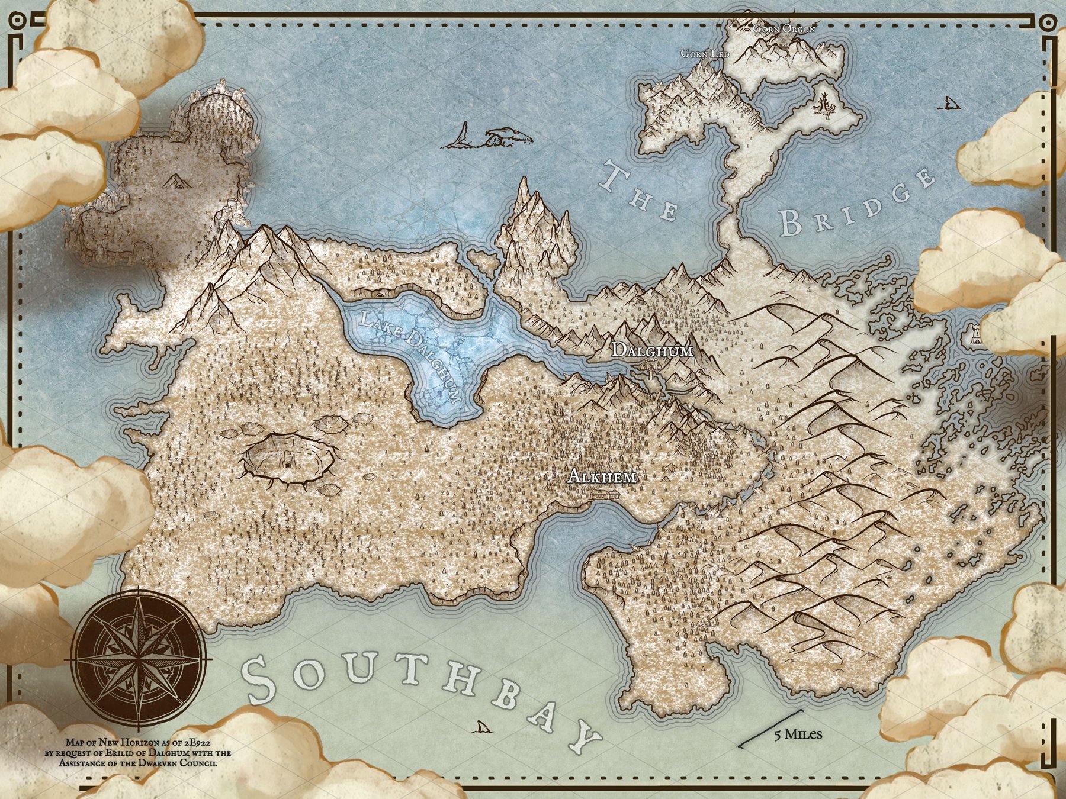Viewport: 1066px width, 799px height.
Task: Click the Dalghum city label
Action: tap(652, 350)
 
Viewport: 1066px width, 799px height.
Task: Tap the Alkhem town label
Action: tap(602, 476)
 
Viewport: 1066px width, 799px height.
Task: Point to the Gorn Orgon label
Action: tap(784, 28)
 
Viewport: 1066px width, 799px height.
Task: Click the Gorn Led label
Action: tap(705, 54)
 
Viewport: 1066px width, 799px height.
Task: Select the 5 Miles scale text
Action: tap(798, 734)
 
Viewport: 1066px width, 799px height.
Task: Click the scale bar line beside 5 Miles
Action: tap(770, 729)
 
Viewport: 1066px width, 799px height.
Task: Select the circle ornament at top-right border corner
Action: tap(1048, 22)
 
